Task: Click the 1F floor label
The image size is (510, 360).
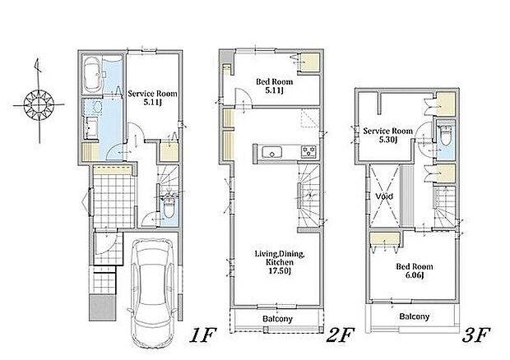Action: pos(202,335)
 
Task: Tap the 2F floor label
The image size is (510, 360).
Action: pos(340,335)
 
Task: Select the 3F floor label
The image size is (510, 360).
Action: pos(476,335)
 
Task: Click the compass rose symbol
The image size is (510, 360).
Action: pos(39,104)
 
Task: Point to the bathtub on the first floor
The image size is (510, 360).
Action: pos(92,75)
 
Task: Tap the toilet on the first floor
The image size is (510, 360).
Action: pos(169,207)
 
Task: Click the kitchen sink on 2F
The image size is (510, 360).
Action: pos(272,152)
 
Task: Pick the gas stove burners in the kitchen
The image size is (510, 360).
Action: pos(308,151)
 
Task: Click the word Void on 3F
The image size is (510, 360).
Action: pos(384,196)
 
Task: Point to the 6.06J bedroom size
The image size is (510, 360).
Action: pos(414,275)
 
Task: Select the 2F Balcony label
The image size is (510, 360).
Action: pos(277,319)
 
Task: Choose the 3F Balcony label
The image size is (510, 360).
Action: pos(415,316)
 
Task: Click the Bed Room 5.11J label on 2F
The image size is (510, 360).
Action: pos(274,85)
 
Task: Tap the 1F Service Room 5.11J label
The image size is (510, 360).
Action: pos(152,98)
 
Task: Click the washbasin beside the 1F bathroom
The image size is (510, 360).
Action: pos(94,106)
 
